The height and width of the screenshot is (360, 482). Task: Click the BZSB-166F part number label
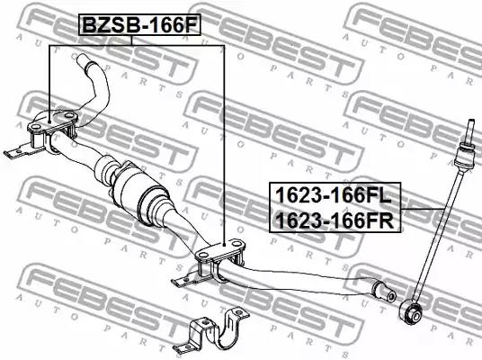[x=140, y=25]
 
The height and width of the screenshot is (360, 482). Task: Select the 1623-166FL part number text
[x=334, y=195]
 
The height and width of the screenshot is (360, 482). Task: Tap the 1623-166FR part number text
[x=335, y=220]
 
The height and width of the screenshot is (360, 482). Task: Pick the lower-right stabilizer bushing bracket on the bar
[x=220, y=259]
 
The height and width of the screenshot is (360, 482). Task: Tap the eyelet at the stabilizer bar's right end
[x=385, y=292]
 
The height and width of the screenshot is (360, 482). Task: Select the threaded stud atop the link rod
[x=470, y=130]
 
